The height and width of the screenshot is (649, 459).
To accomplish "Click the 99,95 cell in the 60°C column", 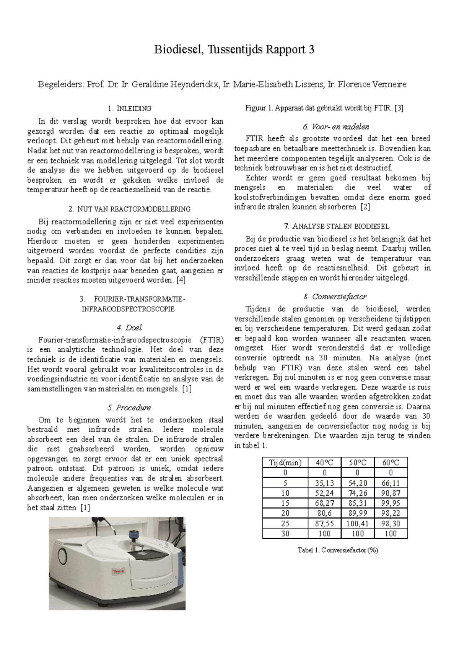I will pyautogui.click(x=391, y=503).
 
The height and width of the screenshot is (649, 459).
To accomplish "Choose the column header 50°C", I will pyautogui.click(x=358, y=462).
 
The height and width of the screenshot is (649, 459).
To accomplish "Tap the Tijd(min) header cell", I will pyautogui.click(x=285, y=462).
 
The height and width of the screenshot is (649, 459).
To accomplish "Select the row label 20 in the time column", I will pyautogui.click(x=285, y=513).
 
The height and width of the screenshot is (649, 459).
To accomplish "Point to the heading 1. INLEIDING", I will pyautogui.click(x=130, y=109).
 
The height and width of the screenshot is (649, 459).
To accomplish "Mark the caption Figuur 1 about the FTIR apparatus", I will pyautogui.click(x=324, y=108).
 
